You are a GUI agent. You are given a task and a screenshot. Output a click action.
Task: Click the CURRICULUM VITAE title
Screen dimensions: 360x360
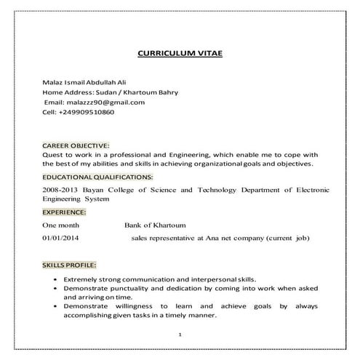pyautogui.click(x=180, y=54)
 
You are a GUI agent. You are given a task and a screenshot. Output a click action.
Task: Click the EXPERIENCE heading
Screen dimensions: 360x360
pyautogui.click(x=64, y=212)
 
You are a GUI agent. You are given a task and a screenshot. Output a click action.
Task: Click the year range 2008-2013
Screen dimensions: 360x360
pyautogui.click(x=62, y=189)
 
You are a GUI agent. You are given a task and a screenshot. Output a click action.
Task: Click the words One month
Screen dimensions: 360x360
pyautogui.click(x=62, y=225)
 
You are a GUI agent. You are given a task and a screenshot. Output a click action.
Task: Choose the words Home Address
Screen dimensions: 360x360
pyautogui.click(x=68, y=93)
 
